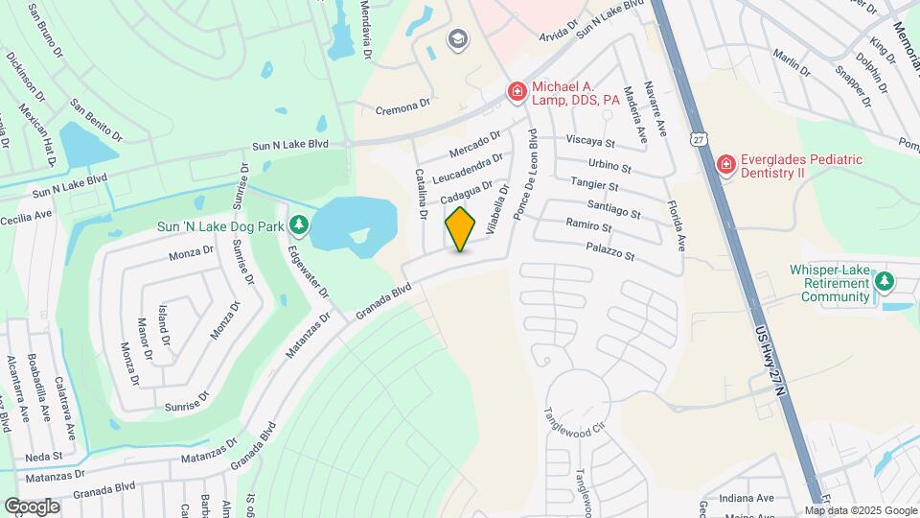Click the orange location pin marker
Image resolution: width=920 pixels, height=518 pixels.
[460, 228]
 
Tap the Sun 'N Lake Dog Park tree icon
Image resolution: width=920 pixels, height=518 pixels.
[300, 224]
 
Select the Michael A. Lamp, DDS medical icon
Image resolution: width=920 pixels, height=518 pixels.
[517, 91]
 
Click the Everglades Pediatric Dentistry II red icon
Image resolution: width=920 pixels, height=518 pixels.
[725, 165]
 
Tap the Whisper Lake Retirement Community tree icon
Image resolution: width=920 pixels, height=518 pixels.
[885, 281]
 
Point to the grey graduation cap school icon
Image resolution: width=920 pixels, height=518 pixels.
[457, 38]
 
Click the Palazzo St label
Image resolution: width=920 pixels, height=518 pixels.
[609, 252]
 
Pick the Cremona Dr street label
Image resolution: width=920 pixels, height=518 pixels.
[403, 111]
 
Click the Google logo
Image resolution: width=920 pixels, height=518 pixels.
[32, 506]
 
